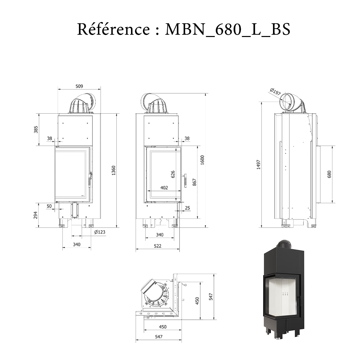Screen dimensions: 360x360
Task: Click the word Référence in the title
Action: pyautogui.click(x=113, y=29)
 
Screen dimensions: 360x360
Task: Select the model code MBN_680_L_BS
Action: pyautogui.click(x=228, y=29)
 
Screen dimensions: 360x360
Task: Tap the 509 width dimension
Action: pyautogui.click(x=79, y=86)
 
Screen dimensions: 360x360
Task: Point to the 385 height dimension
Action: pyautogui.click(x=36, y=129)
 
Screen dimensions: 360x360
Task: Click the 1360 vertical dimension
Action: pyautogui.click(x=114, y=170)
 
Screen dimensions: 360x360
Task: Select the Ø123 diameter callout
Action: pyautogui.click(x=100, y=232)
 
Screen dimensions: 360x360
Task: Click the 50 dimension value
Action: pyautogui.click(x=49, y=206)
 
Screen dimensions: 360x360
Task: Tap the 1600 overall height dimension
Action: pyautogui.click(x=202, y=160)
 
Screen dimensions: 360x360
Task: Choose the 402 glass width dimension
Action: pyautogui.click(x=164, y=188)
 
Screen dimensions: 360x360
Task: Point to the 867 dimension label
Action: pyautogui.click(x=195, y=182)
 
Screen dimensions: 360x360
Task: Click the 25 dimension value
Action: pyautogui.click(x=187, y=208)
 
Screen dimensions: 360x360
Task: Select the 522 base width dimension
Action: pyautogui.click(x=158, y=246)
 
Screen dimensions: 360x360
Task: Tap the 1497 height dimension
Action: pyautogui.click(x=259, y=164)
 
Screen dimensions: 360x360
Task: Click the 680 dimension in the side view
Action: pyautogui.click(x=329, y=174)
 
